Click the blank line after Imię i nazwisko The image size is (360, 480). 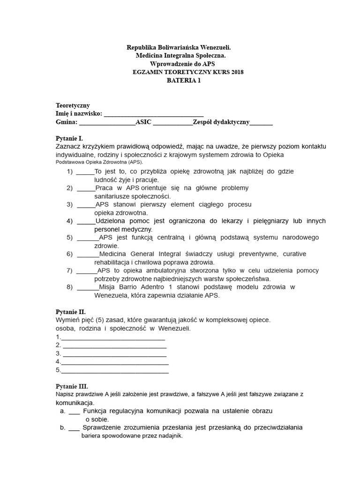(153, 114)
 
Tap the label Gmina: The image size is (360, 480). (66, 122)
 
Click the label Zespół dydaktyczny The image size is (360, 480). (225, 122)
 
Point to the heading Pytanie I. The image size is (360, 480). (69, 139)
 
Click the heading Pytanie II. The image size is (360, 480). (70, 312)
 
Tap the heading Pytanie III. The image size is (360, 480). (72, 386)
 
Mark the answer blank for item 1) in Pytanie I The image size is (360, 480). (85, 172)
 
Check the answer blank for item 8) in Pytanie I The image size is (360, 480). (87, 287)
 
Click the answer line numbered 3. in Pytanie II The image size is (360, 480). (115, 354)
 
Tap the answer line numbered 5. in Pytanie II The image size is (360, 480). (115, 370)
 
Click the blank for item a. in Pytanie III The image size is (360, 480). (74, 411)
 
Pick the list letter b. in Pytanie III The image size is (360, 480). (62, 427)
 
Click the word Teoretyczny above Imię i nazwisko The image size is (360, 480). (73, 105)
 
